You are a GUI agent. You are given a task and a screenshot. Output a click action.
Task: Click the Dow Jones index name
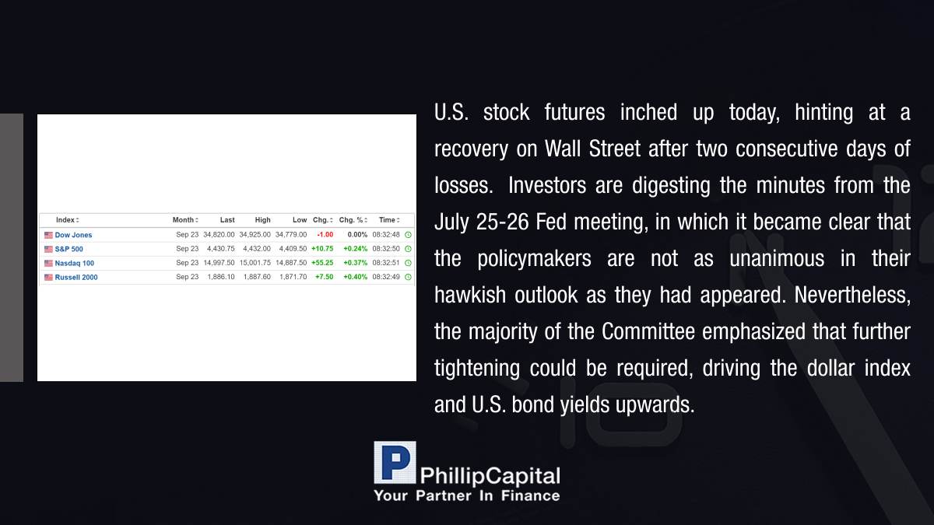pos(73,235)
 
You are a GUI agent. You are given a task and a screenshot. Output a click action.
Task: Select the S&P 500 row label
pos(68,249)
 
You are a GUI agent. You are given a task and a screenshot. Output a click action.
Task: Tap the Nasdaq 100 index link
pos(75,264)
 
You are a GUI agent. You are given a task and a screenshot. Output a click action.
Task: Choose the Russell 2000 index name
pos(76,278)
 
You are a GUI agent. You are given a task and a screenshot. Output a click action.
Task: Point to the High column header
pos(263,220)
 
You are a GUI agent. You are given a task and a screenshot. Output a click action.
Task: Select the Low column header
pos(300,220)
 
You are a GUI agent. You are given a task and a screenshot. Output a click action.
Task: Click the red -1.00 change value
pos(325,235)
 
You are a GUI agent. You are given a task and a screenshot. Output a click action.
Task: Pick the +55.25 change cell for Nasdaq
pos(322,263)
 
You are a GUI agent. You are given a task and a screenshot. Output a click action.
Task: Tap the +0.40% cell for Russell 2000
pos(355,277)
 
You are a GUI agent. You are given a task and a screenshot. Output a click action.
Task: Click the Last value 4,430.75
pos(220,249)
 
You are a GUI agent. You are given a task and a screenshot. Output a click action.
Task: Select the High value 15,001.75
pos(255,263)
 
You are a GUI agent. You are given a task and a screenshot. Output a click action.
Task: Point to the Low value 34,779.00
pos(291,235)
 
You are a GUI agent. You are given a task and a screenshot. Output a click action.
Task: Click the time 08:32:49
pos(386,277)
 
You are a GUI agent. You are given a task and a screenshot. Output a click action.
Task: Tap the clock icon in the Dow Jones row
pos(408,235)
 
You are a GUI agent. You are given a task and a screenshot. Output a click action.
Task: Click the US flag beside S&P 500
pos(48,249)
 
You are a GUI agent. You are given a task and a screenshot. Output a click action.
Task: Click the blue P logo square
pos(395,463)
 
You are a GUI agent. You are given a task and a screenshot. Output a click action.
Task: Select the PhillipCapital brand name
pos(490,476)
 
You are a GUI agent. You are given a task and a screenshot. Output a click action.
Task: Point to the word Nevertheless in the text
pos(852,295)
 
